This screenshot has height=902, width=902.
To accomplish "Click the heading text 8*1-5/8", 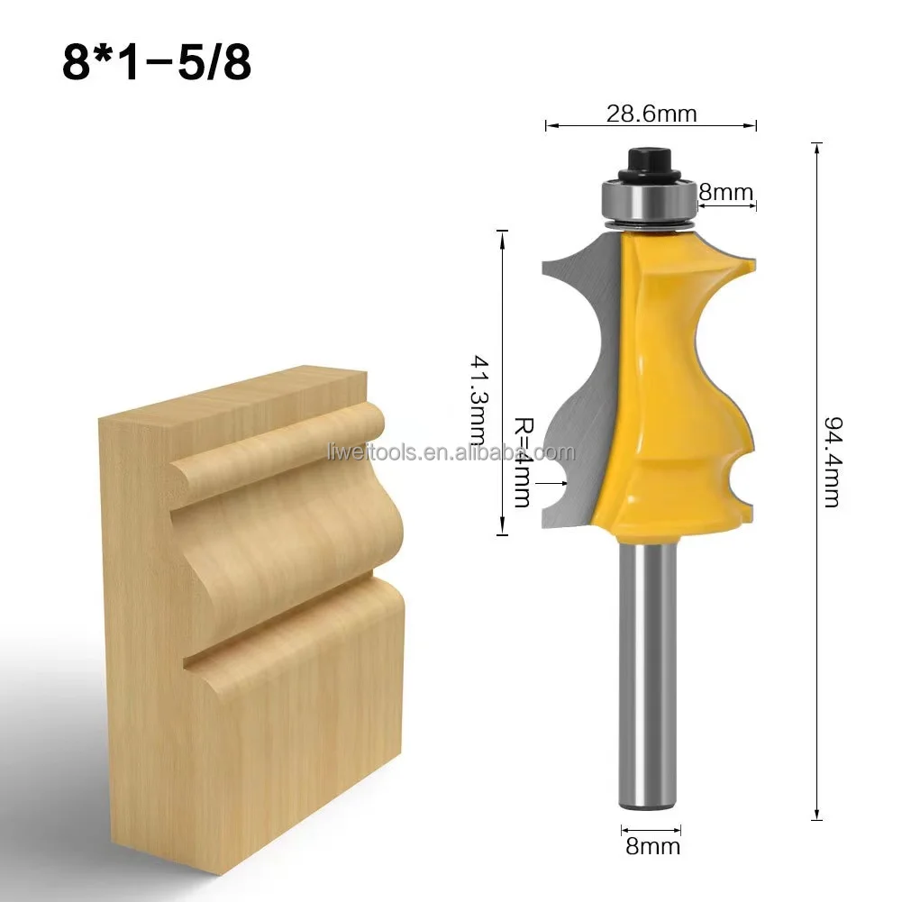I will pos(156,64).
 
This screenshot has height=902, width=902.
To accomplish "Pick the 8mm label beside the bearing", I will pos(725,191).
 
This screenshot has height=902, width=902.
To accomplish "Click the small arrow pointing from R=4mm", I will pos(543,484).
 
